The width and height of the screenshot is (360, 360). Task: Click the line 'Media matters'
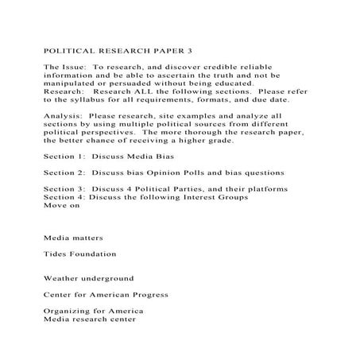pyautogui.click(x=73, y=238)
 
